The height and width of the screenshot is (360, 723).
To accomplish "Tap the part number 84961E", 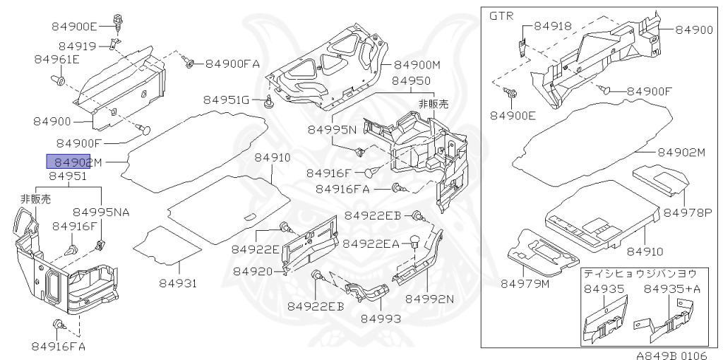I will (x=56, y=60).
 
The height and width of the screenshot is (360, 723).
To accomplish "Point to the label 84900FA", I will (x=233, y=64).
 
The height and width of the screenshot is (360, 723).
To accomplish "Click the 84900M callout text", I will (x=417, y=65).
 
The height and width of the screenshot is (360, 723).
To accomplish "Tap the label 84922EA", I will (x=371, y=244).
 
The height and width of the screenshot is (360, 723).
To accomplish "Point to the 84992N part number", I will (x=429, y=299).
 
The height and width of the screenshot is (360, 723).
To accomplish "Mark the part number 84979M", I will (x=525, y=284).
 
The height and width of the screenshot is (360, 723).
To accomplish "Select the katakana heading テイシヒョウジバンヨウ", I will (x=639, y=272).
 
